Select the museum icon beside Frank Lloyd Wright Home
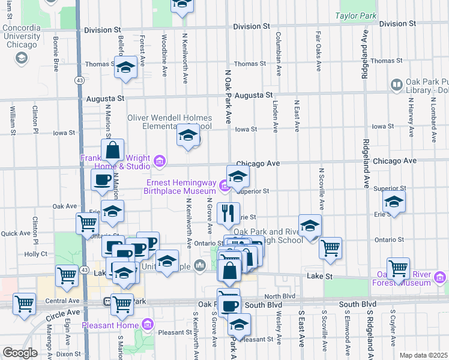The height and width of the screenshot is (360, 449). pyautogui.click(x=160, y=161)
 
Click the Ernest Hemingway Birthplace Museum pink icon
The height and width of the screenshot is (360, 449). pyautogui.click(x=224, y=187)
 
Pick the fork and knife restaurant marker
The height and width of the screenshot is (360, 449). pyautogui.click(x=228, y=213)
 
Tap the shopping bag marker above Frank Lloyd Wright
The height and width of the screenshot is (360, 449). pyautogui.click(x=112, y=151)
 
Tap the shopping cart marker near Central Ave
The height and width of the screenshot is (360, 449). pyautogui.click(x=25, y=304)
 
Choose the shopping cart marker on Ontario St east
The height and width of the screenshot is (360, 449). pyautogui.click(x=330, y=247)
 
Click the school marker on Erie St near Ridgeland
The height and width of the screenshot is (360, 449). pyautogui.click(x=394, y=202)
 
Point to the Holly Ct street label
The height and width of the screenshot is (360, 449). pyautogui.click(x=36, y=254)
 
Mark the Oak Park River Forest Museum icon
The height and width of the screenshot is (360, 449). pyautogui.click(x=440, y=277)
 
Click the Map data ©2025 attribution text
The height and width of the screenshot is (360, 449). pyautogui.click(x=423, y=355)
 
